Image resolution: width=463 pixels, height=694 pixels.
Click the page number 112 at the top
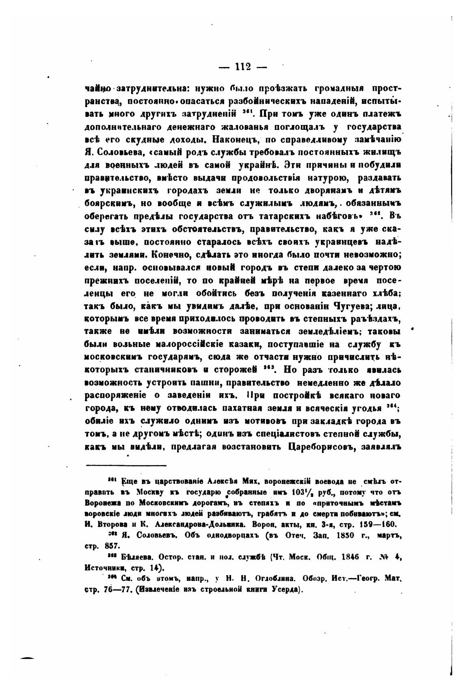click(x=243, y=67)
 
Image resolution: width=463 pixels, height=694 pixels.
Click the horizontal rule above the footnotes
click(x=126, y=465)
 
